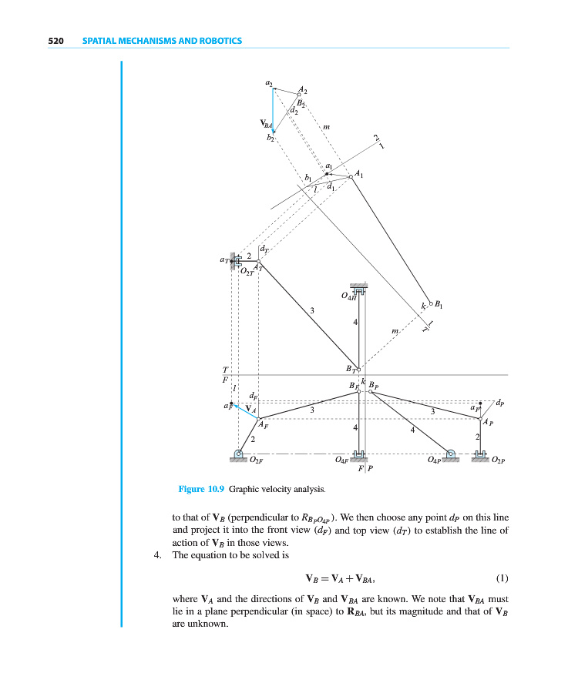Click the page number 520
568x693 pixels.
55,41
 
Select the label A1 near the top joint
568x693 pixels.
361,174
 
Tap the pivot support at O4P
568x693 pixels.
451,454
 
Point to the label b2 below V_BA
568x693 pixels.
269,139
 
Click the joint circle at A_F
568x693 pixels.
259,419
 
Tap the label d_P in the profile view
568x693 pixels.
500,402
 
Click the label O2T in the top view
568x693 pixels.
247,272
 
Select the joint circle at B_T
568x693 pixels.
358,370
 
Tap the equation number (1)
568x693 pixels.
502,577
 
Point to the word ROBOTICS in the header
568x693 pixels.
219,41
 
